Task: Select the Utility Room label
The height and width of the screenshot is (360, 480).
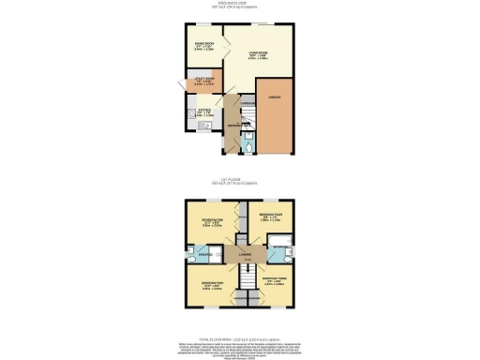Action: click(x=197, y=82)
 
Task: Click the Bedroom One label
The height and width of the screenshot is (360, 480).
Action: click(x=207, y=221)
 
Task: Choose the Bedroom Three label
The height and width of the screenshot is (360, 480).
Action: click(x=274, y=280)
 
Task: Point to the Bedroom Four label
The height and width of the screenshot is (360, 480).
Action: click(x=272, y=222)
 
